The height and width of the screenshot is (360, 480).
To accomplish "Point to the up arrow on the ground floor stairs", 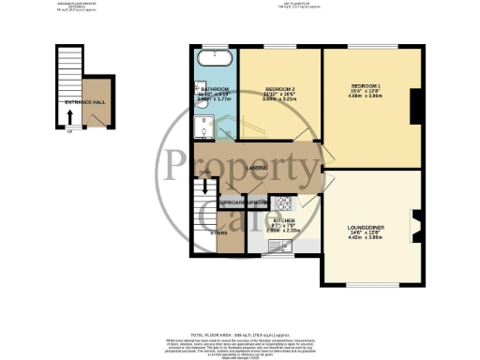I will point(69,118).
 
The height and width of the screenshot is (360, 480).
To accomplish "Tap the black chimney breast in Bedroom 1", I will point(413,109).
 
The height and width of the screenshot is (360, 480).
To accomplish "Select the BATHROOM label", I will point(216,89).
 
